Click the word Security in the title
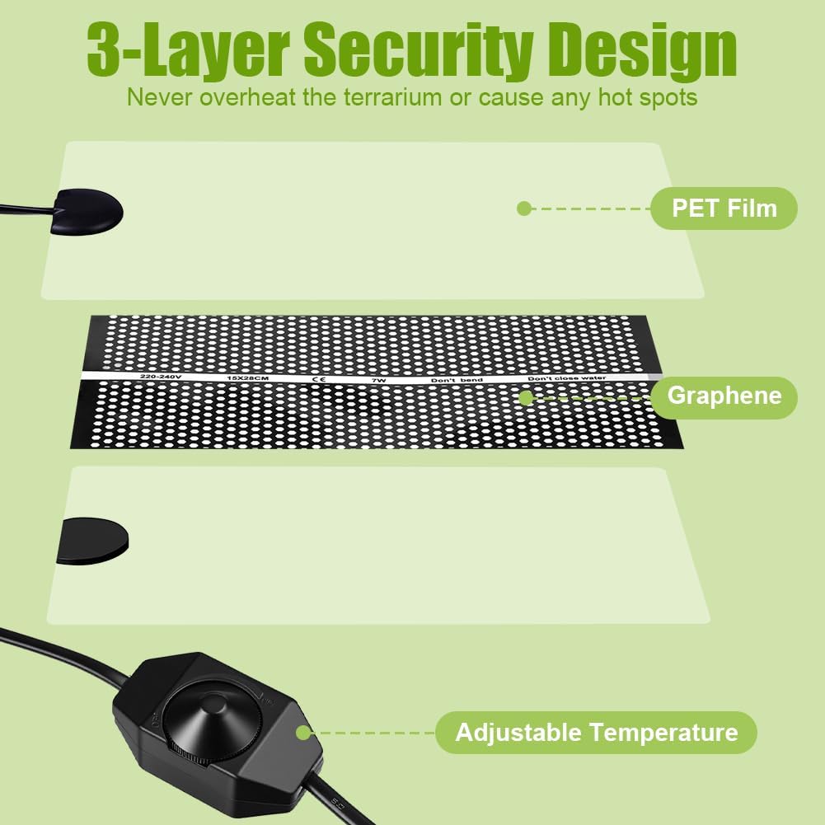pos(417,51)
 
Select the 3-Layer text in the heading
pos(188,51)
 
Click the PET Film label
pos(724,208)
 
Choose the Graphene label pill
pos(724,396)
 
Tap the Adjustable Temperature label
pos(596,732)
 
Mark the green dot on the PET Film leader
pos(523,209)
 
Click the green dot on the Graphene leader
pos(524,398)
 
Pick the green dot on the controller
pos(303,732)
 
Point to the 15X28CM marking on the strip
pos(247,377)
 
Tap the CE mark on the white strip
pos(317,379)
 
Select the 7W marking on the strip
pos(378,380)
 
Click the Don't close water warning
pos(566,378)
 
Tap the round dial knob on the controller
pos(216,713)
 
